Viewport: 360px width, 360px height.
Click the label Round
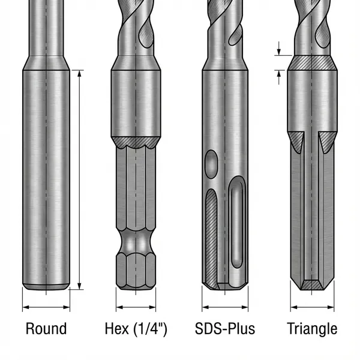tap(46, 329)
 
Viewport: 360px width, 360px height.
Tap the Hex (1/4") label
tap(136, 329)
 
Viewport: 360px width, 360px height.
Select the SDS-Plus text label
tap(225, 329)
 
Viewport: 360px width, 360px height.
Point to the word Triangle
tap(312, 329)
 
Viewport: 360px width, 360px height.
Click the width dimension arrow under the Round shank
tap(46, 307)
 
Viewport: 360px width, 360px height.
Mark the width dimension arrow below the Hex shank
tap(136, 307)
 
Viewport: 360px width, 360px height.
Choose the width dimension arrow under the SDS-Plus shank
tap(225, 307)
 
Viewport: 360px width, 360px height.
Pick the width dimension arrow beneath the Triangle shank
tap(312, 307)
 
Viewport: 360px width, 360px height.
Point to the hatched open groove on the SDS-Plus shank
tap(211, 234)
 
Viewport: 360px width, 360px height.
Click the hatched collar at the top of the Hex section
tap(136, 143)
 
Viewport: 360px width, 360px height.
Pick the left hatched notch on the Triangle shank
tap(295, 142)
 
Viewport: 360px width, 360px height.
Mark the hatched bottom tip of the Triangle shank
tap(312, 284)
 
